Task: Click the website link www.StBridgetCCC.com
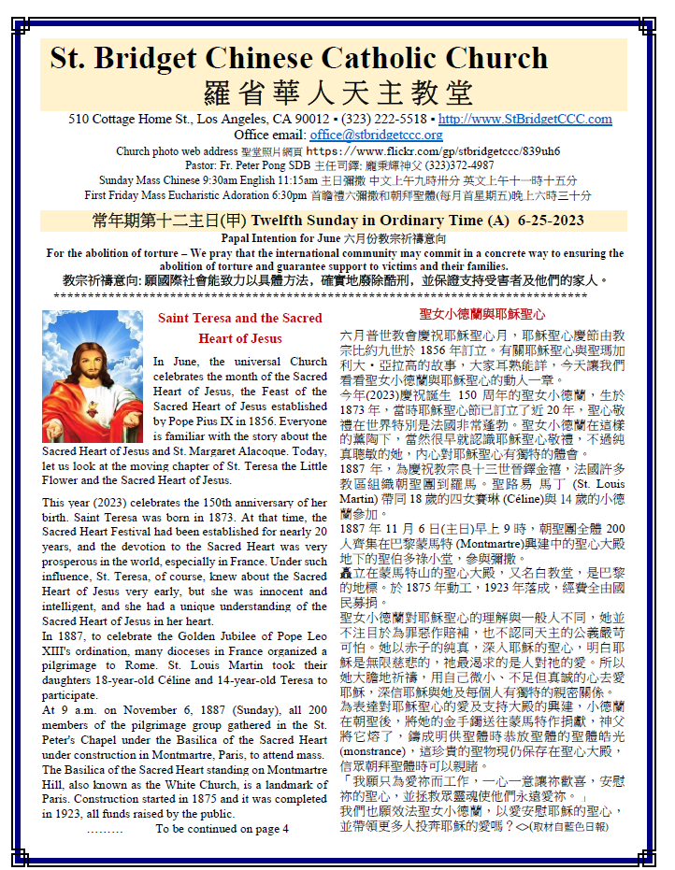click(524, 120)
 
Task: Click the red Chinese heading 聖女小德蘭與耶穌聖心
click(482, 315)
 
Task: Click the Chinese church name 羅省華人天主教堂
click(338, 93)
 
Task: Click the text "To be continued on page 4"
click(222, 828)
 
